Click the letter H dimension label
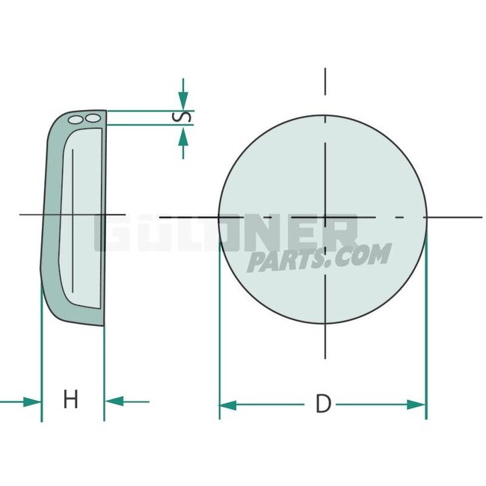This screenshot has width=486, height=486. click(x=70, y=400)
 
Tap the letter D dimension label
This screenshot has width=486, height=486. click(x=323, y=405)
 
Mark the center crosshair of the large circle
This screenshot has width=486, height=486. click(x=325, y=218)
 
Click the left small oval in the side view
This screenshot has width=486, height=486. click(x=75, y=118)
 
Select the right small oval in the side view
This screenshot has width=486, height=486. click(x=91, y=118)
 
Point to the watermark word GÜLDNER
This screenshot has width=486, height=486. click(x=224, y=234)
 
